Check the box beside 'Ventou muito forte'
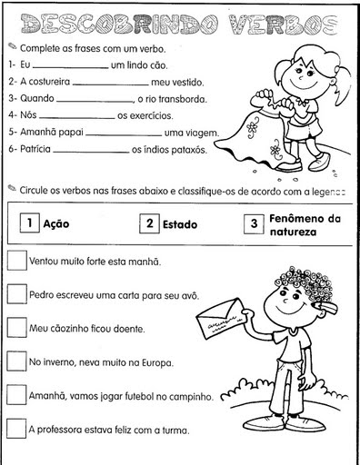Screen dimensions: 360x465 pyautogui.click(x=16, y=260)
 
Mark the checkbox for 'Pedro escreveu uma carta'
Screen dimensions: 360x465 pyautogui.click(x=16, y=293)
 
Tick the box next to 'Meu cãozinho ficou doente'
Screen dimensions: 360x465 pyautogui.click(x=16, y=327)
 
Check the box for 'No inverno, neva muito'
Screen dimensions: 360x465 pyautogui.click(x=16, y=361)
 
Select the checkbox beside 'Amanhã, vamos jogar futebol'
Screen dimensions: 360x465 pyautogui.click(x=16, y=394)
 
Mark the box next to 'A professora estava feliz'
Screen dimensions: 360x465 pyautogui.click(x=16, y=428)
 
